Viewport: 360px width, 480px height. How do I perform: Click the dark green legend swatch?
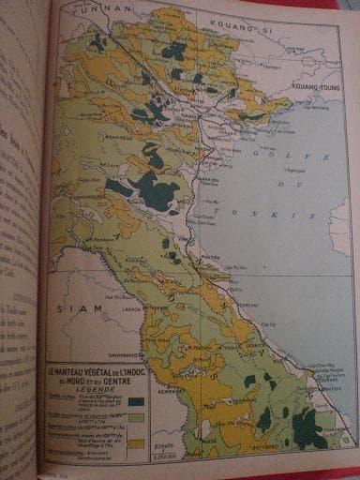[x=136, y=402]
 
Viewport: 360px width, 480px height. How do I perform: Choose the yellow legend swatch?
[x=136, y=443]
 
